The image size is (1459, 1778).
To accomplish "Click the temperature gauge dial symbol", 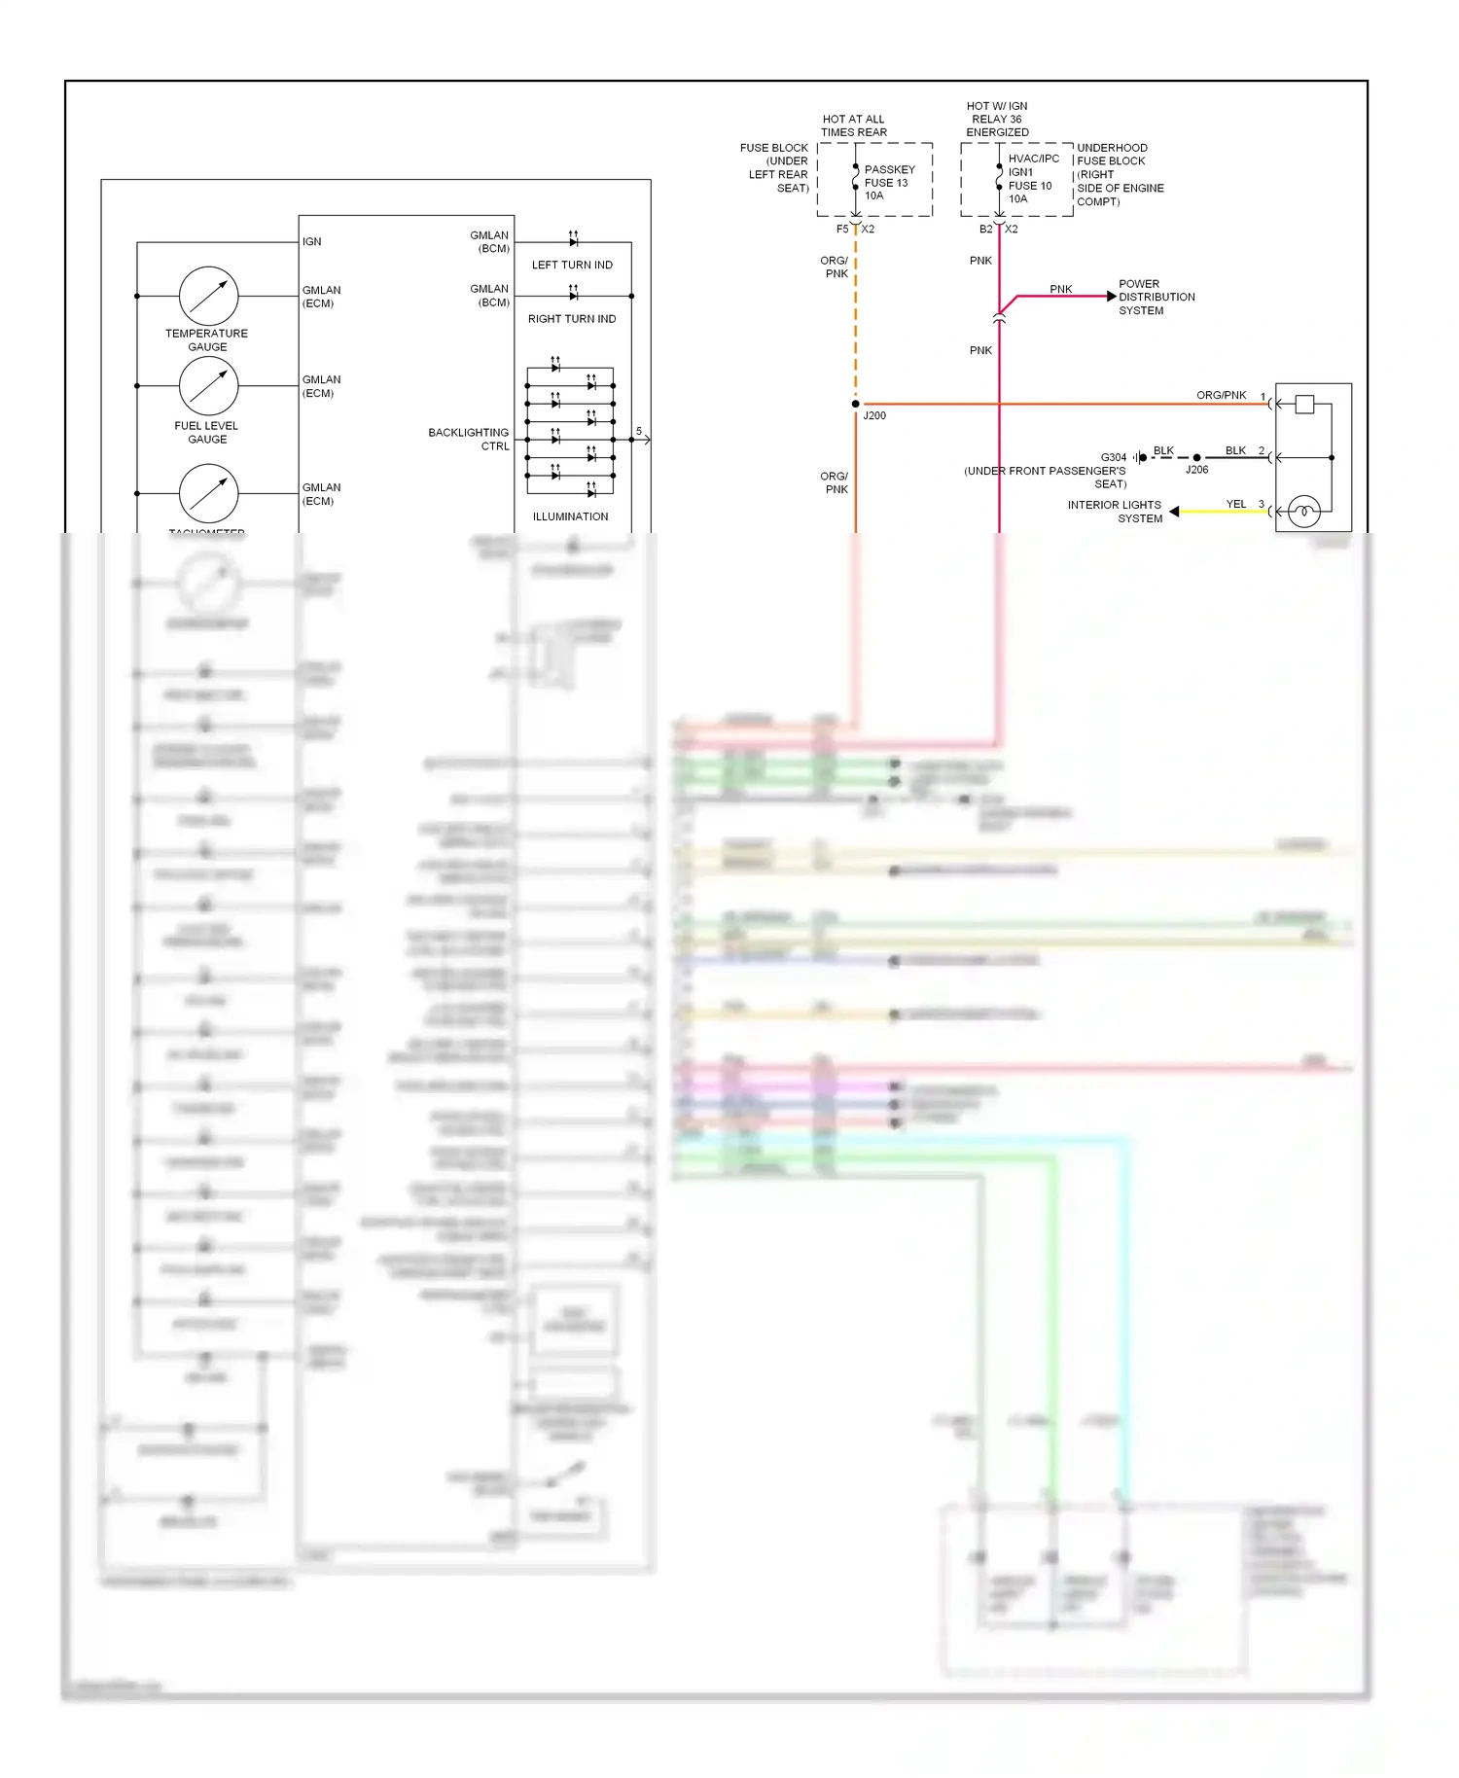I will tap(208, 296).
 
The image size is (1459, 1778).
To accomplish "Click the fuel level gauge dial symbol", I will tap(208, 386).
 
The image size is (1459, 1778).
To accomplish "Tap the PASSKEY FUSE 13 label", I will tap(888, 183).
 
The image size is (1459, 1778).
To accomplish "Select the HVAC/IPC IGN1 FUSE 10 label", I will tap(1032, 179).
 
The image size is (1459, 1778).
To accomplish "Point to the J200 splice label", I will tap(874, 415).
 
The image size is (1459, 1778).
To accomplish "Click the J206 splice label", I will tap(1196, 470).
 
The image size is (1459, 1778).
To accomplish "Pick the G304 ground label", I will tap(1113, 457).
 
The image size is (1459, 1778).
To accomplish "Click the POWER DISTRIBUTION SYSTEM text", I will tap(1156, 298).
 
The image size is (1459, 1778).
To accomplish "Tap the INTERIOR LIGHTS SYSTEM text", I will tap(1115, 512).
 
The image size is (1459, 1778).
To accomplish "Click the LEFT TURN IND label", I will tap(572, 265).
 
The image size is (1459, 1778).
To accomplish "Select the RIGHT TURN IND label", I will tap(572, 319).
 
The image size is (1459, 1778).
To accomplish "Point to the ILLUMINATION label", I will tap(570, 516).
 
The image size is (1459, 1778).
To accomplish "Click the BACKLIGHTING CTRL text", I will tap(469, 440).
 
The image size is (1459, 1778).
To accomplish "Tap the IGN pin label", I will tap(311, 241).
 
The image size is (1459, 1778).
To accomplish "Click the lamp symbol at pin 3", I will tap(1303, 511).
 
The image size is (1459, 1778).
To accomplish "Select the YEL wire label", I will tap(1235, 504).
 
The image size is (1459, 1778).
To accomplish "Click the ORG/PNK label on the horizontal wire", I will tap(1221, 395).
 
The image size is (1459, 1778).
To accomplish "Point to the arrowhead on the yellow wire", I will tap(1174, 512).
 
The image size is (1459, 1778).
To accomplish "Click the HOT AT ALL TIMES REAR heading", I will tap(853, 125).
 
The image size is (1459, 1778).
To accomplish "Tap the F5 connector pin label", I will tap(842, 230).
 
